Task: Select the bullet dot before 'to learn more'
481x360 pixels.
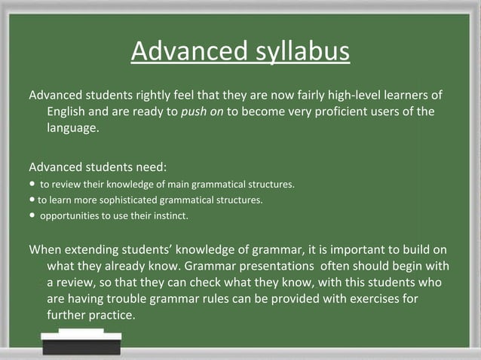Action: (x=32, y=200)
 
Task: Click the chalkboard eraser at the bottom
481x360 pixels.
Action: (x=81, y=341)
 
